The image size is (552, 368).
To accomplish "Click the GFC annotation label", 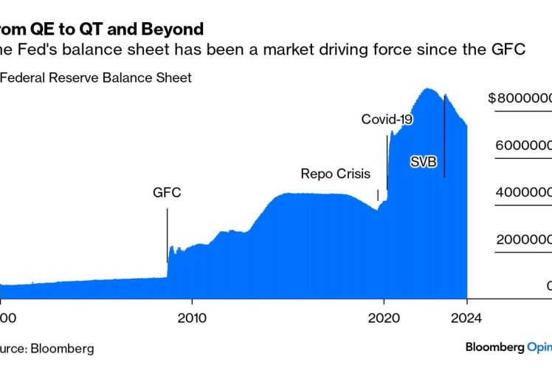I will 167,194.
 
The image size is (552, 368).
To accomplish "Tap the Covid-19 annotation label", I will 387,119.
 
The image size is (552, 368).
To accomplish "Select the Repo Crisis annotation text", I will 336,174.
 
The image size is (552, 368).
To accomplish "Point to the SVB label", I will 424,161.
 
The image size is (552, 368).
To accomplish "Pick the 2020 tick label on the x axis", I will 384,318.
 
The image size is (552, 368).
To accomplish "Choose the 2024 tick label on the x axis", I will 466,318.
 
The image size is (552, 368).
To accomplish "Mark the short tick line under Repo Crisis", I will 378,195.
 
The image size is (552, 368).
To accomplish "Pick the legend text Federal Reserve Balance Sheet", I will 97,78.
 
